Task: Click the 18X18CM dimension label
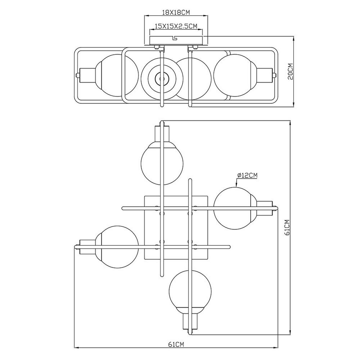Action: coord(176,13)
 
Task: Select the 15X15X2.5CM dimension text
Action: coord(176,26)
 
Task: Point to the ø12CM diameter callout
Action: coord(247,175)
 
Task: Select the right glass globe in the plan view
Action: coord(235,208)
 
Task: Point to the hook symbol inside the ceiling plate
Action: coord(175,38)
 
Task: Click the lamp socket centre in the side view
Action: coord(162,79)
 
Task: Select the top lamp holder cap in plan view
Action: coord(162,133)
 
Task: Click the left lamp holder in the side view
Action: coord(87,75)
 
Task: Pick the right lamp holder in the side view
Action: coord(264,75)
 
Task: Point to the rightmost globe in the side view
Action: coord(235,75)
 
